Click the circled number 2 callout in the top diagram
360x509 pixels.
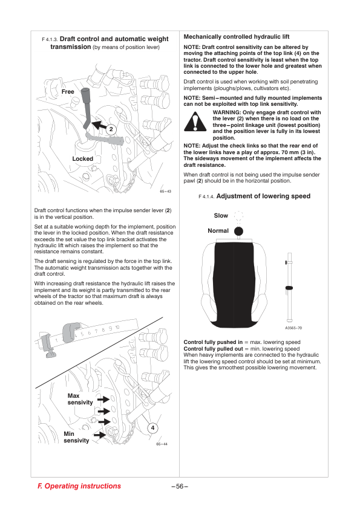point(111,129)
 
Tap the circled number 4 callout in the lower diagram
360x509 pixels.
point(152,428)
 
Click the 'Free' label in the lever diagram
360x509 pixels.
point(68,92)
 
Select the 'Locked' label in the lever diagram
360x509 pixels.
point(82,159)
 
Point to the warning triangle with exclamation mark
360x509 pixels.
point(195,122)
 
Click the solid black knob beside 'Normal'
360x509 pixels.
point(238,231)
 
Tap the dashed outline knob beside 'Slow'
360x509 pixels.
point(238,215)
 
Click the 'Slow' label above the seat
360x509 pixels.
point(221,216)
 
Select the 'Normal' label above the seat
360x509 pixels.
point(218,231)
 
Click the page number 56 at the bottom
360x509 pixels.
point(180,486)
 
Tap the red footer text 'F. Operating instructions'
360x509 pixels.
point(79,486)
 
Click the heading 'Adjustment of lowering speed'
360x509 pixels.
point(263,196)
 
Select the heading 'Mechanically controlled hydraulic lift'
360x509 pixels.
point(237,37)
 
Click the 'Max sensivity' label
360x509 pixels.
point(80,399)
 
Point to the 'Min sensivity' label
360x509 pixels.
point(76,437)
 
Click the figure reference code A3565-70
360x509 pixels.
point(293,328)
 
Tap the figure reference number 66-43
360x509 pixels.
point(165,191)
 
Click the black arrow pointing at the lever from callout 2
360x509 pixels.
point(99,126)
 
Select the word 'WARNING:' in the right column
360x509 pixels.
point(227,112)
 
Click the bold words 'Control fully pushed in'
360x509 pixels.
point(213,342)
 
